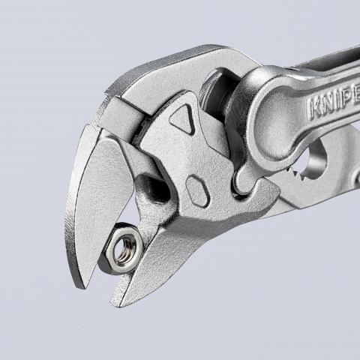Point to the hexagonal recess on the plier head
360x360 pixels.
[197, 191]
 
